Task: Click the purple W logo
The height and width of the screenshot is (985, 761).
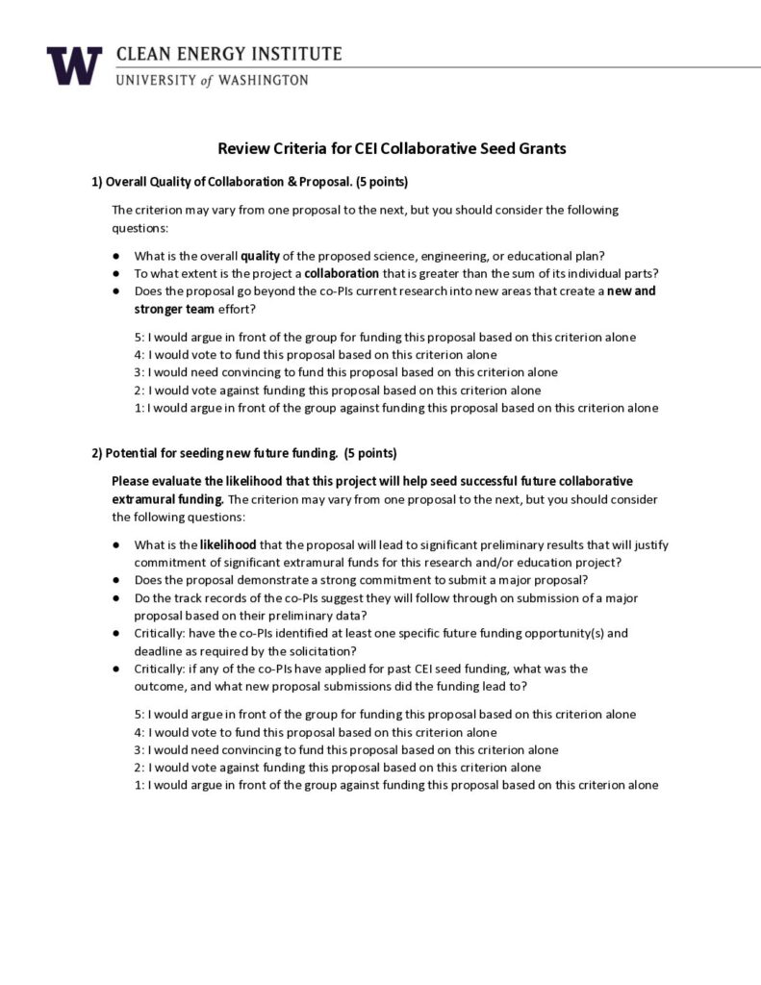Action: tap(74, 65)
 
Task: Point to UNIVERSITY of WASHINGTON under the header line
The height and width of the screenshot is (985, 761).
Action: tap(212, 81)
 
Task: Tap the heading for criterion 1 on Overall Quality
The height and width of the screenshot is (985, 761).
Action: tap(250, 182)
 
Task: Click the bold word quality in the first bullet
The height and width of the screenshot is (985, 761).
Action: tap(260, 255)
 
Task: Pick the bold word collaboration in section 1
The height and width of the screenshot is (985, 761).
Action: tap(342, 272)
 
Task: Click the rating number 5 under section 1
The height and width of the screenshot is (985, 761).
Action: tap(138, 338)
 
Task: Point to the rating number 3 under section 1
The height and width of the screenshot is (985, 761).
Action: tap(138, 372)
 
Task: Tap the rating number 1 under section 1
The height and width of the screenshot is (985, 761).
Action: tap(138, 407)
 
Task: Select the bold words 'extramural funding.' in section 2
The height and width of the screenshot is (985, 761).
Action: tap(168, 499)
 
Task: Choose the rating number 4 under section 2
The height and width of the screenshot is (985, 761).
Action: tap(138, 732)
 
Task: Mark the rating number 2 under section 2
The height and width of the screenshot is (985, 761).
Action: tap(138, 767)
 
